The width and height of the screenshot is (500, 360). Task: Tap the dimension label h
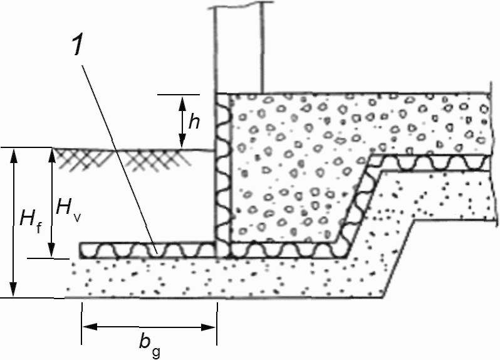pos(194,122)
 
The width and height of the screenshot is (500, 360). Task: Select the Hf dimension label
pos(30,220)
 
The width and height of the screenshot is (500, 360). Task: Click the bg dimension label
pos(149,346)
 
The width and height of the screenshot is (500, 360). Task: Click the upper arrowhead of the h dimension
pos(182,103)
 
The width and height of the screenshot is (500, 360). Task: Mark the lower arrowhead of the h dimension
pos(182,142)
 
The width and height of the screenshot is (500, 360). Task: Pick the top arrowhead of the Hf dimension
pos(13,156)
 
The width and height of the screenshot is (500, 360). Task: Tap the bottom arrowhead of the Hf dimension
pos(13,290)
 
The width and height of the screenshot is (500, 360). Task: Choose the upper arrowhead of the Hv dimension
pos(51,156)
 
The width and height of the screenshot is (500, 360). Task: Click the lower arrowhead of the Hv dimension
pos(51,250)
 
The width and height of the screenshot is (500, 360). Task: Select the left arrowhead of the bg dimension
pos(90,327)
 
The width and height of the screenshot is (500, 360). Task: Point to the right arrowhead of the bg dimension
pos(209,327)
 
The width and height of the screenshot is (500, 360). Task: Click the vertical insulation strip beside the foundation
pos(222,175)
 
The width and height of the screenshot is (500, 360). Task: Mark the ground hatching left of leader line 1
pos(81,159)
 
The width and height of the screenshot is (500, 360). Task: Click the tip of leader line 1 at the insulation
pos(157,253)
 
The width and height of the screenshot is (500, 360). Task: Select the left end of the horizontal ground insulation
pos(80,250)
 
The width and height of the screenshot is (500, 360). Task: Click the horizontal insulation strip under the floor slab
pos(430,163)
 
